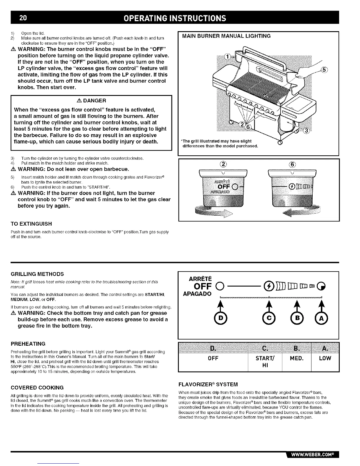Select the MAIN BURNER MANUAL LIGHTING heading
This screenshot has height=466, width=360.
(226, 36)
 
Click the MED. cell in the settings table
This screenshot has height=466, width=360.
(296, 358)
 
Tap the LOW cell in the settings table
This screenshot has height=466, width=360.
(325, 358)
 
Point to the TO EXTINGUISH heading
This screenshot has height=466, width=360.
(31, 224)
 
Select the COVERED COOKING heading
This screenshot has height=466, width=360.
(37, 387)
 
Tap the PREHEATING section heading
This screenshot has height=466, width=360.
(28, 344)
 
